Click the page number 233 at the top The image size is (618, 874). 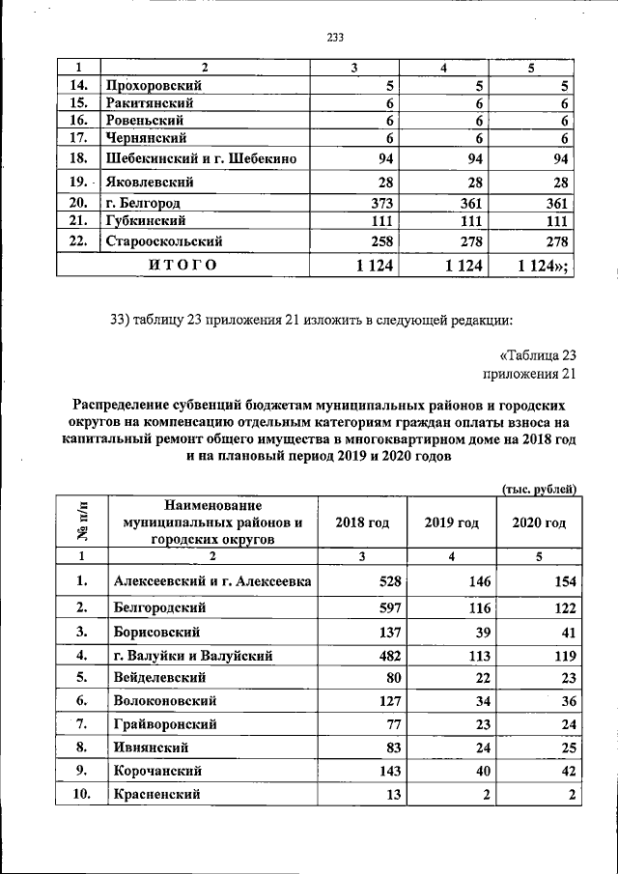[335, 39]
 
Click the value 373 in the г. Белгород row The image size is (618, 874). [377, 204]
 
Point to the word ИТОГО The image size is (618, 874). [182, 264]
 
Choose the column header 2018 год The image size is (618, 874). [361, 522]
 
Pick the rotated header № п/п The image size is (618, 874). [81, 522]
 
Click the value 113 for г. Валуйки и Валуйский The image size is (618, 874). [478, 656]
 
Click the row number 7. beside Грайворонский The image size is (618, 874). [82, 722]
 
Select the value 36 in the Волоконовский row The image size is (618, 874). [567, 700]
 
